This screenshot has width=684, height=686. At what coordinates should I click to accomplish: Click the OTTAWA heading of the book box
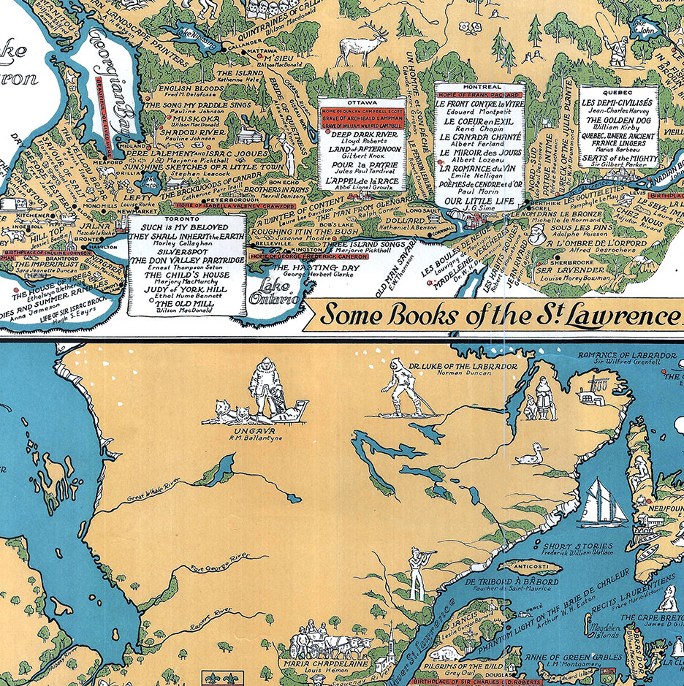pos(361,102)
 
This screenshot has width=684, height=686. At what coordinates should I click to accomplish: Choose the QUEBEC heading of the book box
pos(618,92)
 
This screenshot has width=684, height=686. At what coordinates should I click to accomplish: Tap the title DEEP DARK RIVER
pos(362,134)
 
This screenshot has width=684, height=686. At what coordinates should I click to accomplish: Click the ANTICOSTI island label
pos(518,565)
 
